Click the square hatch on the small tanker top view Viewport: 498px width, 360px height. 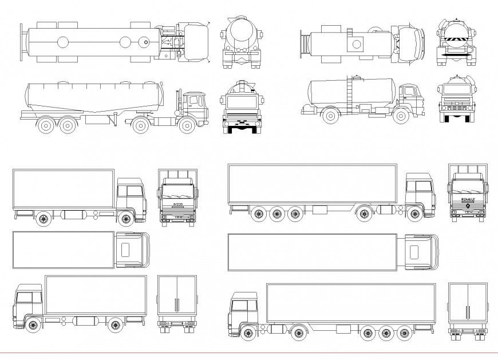point(358,43)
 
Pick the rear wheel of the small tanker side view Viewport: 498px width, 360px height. point(330,116)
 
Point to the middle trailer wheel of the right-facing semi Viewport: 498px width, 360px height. point(277,214)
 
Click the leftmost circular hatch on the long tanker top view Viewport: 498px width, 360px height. point(62,42)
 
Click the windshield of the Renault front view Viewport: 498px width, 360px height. point(468,187)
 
